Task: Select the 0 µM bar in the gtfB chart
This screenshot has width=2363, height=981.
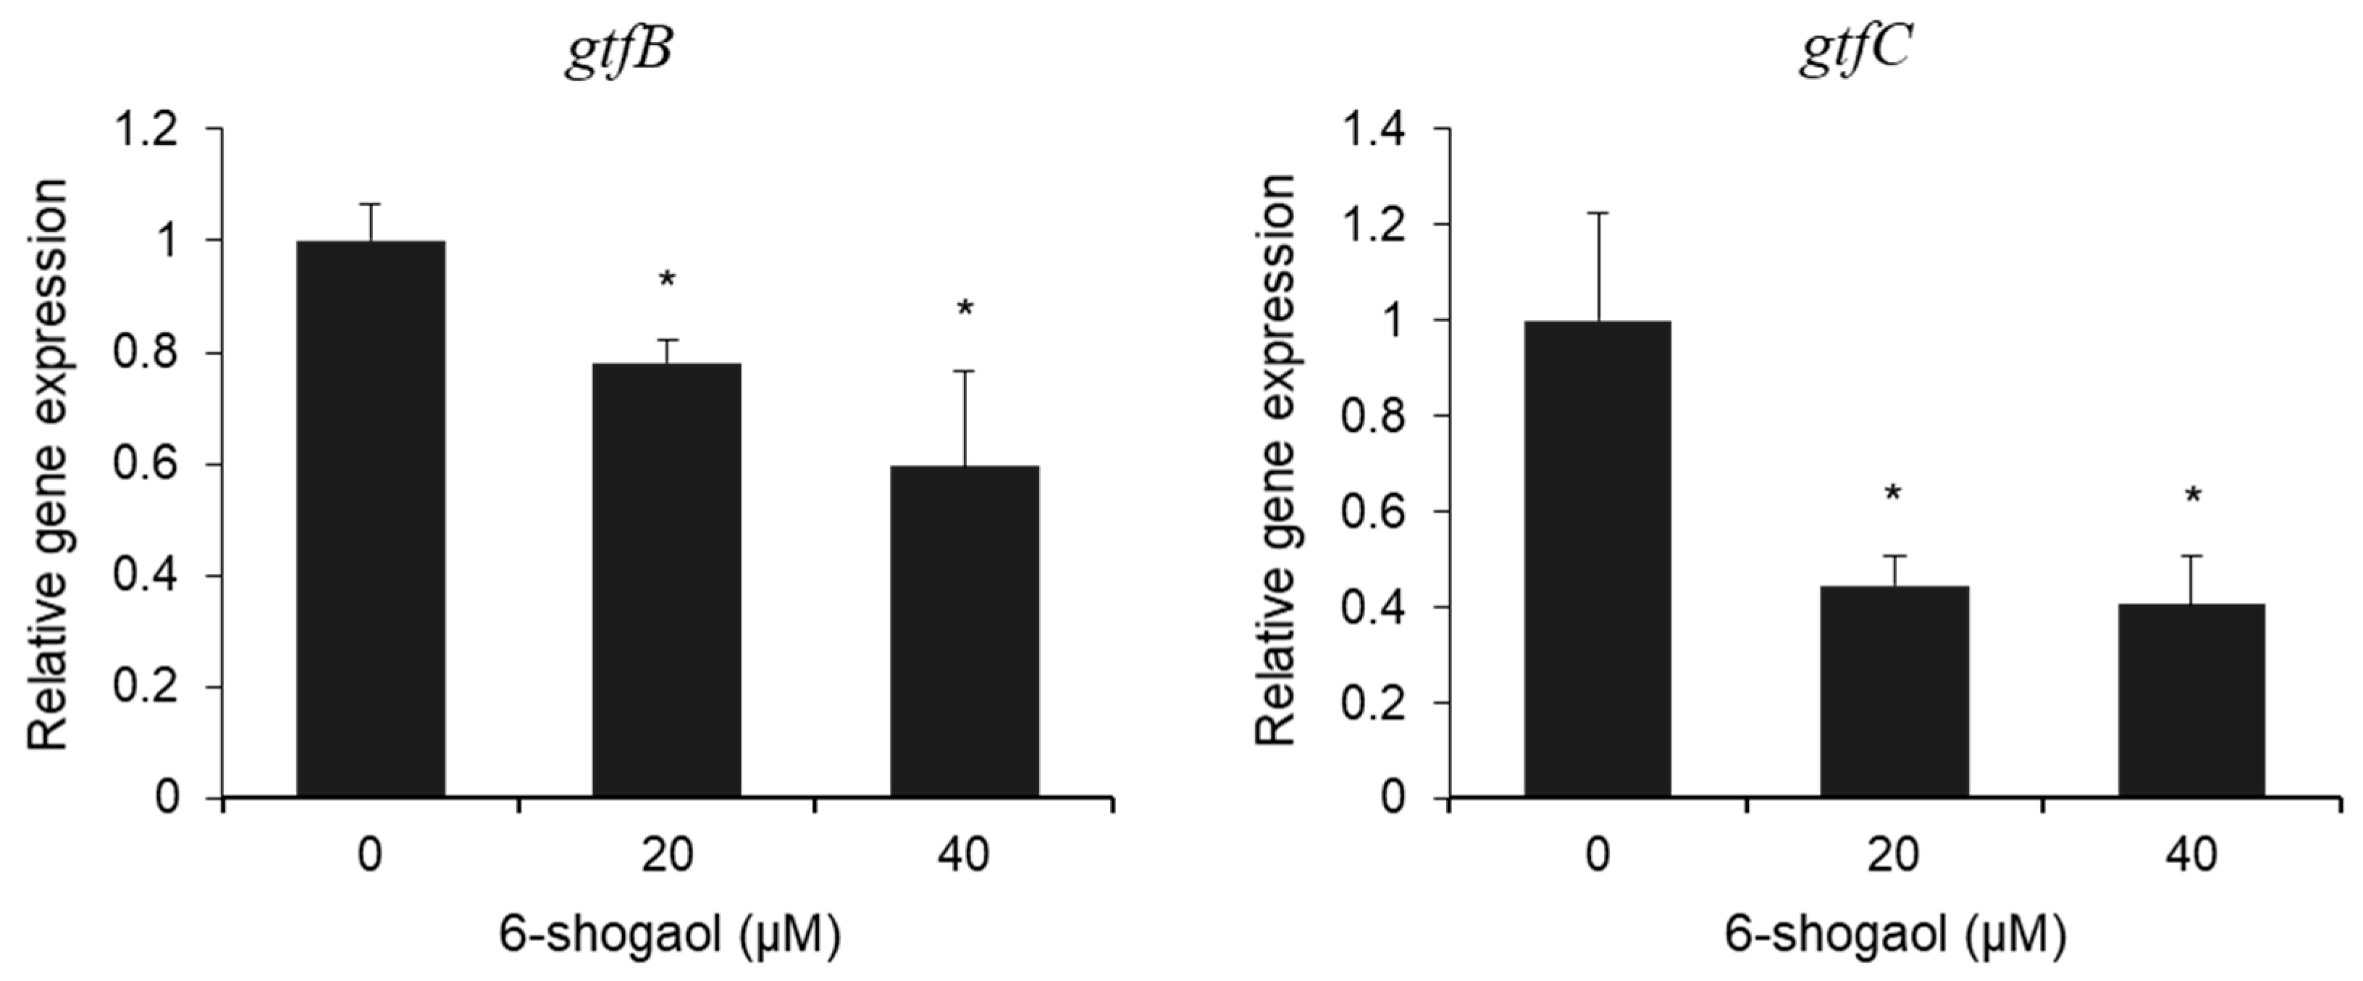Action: [x=371, y=519]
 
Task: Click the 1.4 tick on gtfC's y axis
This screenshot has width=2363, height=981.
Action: [x=1372, y=130]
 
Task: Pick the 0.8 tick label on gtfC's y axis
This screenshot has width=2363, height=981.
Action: [x=1372, y=417]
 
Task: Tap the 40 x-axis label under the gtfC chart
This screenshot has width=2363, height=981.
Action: [x=2191, y=855]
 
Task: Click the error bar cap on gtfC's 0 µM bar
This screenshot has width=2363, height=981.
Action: [x=1599, y=213]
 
